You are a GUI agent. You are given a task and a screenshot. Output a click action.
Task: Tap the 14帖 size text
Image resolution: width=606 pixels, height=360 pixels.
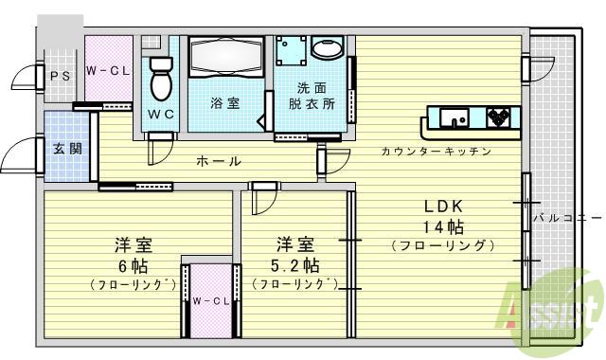(x=442, y=226)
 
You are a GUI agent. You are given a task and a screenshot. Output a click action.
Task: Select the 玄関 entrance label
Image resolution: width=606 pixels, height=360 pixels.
(x=66, y=148)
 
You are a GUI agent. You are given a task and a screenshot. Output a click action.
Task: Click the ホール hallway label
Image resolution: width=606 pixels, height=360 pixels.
(x=219, y=162)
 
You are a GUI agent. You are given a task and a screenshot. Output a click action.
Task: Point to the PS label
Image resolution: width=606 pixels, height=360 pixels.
(x=60, y=77)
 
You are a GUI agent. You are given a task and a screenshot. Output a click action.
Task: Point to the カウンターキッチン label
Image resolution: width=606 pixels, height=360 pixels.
(x=436, y=152)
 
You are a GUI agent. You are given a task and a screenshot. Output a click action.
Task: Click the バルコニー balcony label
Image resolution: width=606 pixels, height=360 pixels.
(x=566, y=218)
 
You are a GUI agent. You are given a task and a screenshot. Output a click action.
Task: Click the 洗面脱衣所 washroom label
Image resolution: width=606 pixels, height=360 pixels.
(x=312, y=97)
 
